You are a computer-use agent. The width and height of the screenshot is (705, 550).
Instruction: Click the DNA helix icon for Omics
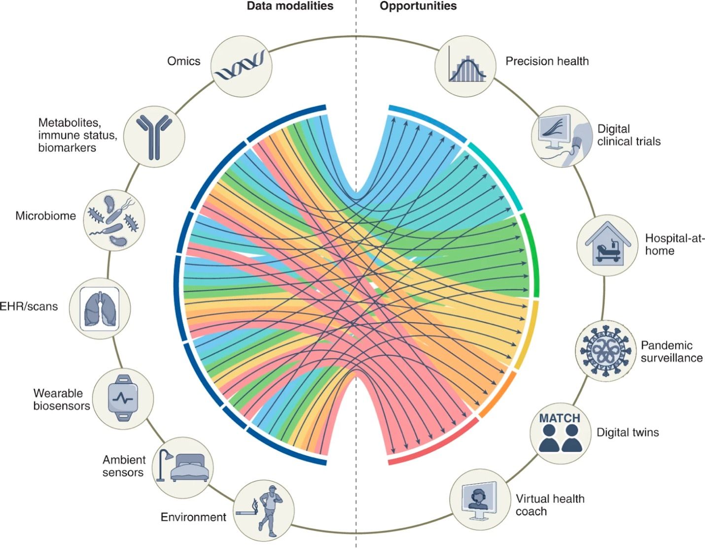pyautogui.click(x=241, y=66)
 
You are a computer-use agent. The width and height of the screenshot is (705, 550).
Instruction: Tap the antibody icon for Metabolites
pyautogui.click(x=154, y=135)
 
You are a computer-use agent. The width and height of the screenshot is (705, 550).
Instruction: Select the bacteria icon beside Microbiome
pyautogui.click(x=114, y=220)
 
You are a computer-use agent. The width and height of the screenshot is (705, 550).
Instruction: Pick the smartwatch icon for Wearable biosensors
pyautogui.click(x=123, y=398)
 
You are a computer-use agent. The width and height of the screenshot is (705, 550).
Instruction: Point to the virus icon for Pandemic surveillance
pyautogui.click(x=605, y=350)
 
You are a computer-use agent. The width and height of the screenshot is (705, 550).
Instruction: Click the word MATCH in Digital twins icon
pyautogui.click(x=560, y=418)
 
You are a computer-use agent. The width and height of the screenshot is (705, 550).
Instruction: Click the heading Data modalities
pyautogui.click(x=290, y=6)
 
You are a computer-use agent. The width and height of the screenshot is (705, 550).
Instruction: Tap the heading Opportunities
pyautogui.click(x=418, y=6)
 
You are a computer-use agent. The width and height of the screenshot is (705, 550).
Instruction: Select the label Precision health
pyautogui.click(x=547, y=61)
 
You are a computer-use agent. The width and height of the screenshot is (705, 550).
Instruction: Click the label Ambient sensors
pyautogui.click(x=123, y=466)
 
